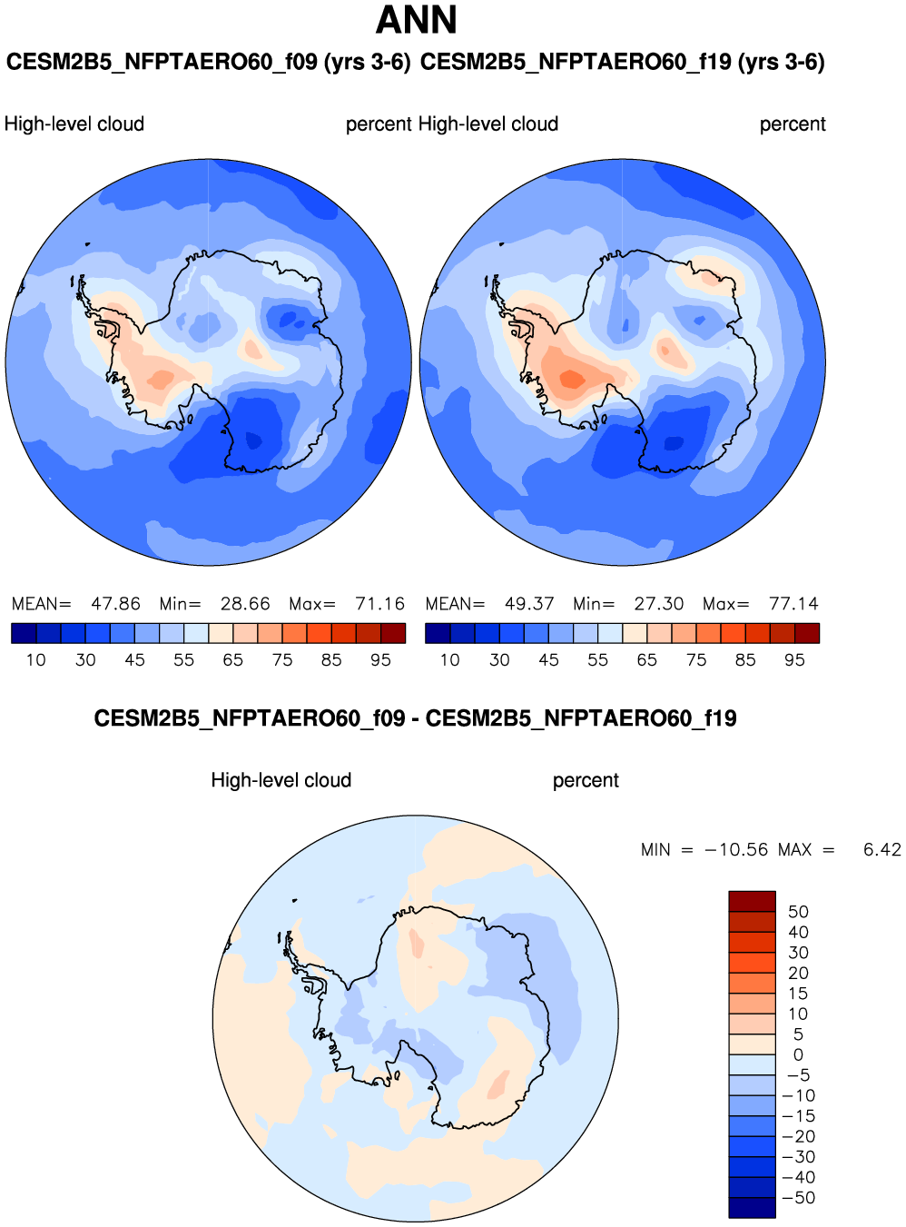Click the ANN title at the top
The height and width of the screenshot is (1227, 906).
coord(417,20)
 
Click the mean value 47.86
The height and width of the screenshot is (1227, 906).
coord(115,604)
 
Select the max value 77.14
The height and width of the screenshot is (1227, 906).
coord(793,604)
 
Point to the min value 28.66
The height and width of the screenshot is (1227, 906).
coord(245,604)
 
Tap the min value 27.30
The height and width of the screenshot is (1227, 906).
coord(659,604)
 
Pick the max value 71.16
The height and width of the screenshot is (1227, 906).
coord(379,604)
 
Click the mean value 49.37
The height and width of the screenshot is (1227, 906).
coord(529,604)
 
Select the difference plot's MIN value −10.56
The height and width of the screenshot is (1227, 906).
coord(736,850)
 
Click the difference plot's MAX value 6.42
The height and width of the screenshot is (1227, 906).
coord(881,850)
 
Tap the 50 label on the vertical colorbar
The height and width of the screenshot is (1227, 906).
coord(798,912)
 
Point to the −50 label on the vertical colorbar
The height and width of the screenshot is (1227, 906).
coord(799,1198)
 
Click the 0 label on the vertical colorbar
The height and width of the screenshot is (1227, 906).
coord(798,1055)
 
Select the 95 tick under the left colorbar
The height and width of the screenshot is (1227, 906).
coord(380,660)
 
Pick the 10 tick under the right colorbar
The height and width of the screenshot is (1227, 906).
coord(449,660)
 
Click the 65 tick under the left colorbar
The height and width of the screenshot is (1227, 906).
coord(233,660)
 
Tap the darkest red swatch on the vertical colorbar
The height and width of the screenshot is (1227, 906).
coord(752,901)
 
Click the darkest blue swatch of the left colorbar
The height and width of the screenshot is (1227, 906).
coord(24,633)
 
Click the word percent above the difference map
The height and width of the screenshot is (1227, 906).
coord(586,780)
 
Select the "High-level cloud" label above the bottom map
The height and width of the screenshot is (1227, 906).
coord(281,780)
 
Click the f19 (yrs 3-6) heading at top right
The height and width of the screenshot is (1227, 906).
coord(623,62)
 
